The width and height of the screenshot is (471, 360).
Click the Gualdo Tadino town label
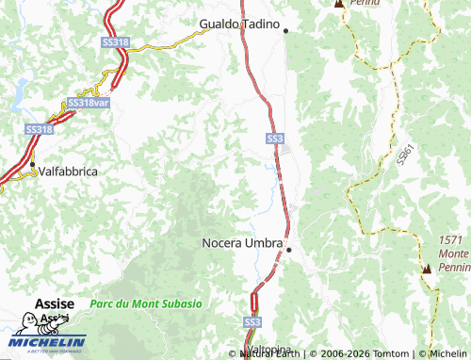(x=241, y=24)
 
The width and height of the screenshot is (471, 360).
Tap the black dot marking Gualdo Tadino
(x=285, y=30)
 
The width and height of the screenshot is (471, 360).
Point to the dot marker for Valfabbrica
(x=32, y=165)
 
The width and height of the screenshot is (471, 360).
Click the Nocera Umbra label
(x=242, y=243)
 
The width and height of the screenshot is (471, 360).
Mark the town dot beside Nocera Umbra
(x=289, y=250)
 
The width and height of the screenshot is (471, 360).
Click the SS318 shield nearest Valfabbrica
(x=39, y=129)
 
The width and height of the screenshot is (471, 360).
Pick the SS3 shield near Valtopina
(x=252, y=322)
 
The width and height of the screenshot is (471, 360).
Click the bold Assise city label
(x=54, y=303)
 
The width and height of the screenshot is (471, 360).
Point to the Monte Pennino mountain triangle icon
(x=427, y=269)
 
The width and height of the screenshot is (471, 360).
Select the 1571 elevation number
(x=451, y=240)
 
